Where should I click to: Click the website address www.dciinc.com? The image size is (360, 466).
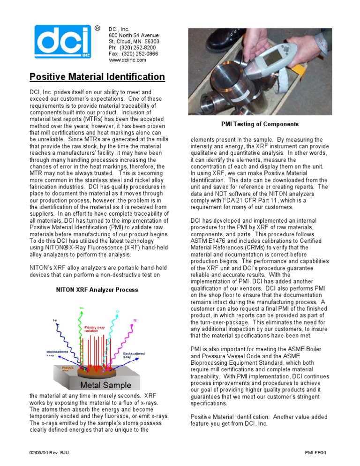127,60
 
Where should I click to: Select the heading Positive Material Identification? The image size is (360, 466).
97,77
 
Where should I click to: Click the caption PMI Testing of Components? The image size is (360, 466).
259,124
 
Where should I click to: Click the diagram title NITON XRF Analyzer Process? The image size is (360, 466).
97,290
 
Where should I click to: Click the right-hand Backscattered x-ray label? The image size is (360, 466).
134,355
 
